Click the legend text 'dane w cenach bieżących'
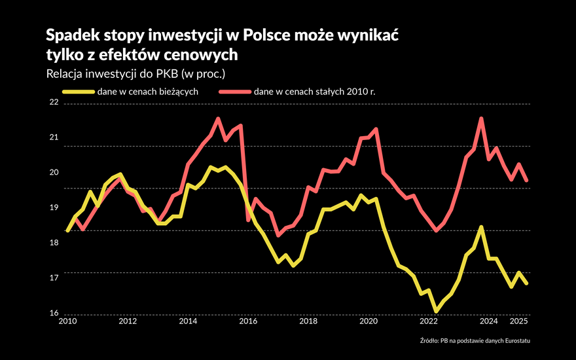click(147, 92)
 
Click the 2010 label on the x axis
click(67, 321)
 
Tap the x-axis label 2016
click(248, 321)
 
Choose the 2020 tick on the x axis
click(369, 321)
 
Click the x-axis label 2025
click(518, 321)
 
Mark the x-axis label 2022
click(429, 321)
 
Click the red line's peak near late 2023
click(481, 119)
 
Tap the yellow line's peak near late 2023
click(481, 227)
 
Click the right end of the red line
click(526, 181)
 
